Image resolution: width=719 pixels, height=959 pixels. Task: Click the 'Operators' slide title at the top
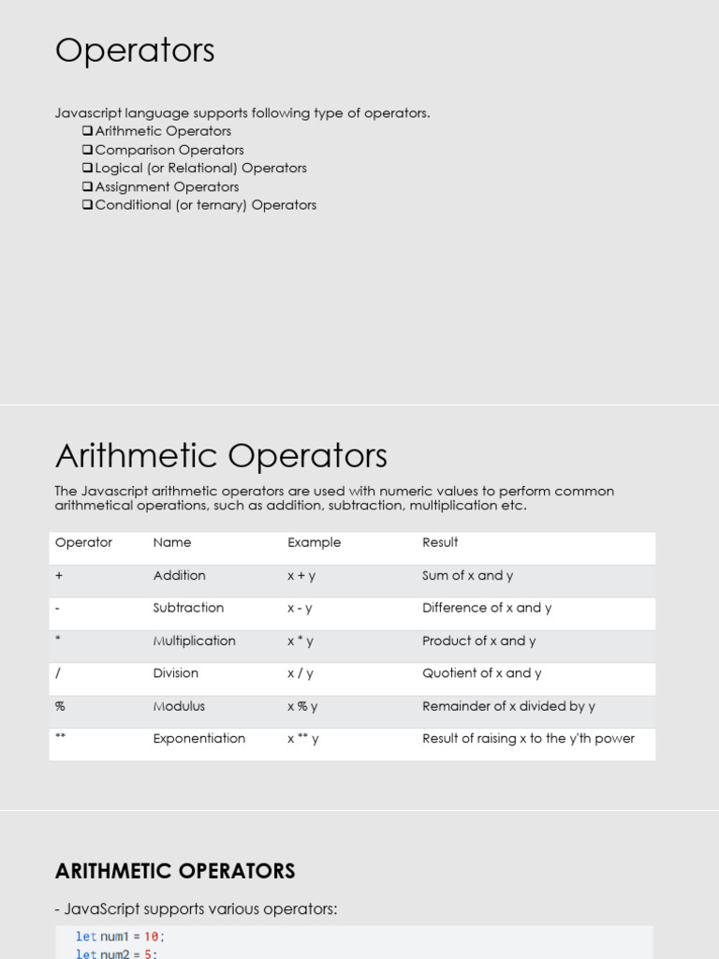[135, 51]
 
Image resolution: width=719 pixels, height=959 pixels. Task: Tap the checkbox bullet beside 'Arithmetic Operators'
[87, 131]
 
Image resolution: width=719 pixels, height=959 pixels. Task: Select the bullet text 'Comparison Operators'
[169, 150]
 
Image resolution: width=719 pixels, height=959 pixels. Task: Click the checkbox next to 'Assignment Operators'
[87, 186]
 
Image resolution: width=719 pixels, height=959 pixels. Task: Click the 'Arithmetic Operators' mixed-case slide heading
[221, 456]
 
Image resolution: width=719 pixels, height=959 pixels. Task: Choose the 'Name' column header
[172, 542]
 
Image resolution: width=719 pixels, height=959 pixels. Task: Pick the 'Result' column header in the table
[440, 542]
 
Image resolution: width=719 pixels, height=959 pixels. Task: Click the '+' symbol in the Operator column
[59, 576]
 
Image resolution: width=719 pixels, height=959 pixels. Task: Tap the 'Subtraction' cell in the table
[188, 608]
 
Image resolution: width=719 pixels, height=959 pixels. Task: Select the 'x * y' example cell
[301, 642]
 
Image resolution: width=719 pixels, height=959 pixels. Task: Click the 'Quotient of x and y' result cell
[481, 673]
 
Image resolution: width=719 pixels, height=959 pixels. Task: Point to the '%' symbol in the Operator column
[60, 706]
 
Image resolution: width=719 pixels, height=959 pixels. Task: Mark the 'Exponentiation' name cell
[199, 739]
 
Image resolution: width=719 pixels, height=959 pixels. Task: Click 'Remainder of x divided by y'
[508, 706]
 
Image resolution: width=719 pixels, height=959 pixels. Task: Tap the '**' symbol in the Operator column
[61, 738]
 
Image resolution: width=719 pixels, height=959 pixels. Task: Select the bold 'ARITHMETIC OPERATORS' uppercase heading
[175, 871]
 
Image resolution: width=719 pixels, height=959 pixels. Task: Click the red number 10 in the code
[152, 937]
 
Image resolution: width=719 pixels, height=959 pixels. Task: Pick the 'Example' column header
[314, 542]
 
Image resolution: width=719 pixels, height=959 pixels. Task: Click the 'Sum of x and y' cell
[467, 576]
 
